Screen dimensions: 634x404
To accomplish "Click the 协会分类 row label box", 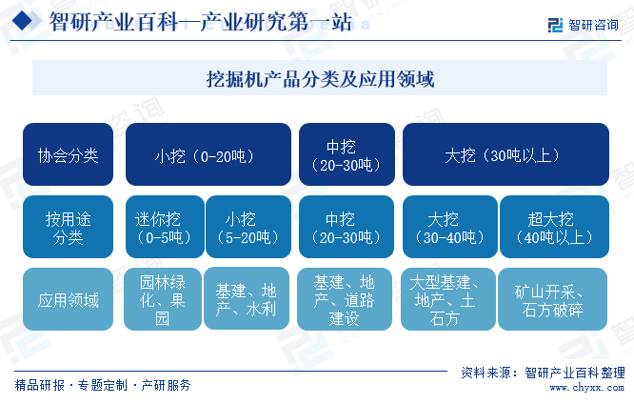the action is point(68,154).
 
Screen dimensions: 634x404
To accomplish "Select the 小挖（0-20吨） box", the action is point(208,154).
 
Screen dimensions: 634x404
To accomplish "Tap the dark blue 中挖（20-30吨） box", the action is point(347,154).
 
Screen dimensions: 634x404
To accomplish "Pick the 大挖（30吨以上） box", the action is point(505,154).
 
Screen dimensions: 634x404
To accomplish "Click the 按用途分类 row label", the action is point(68,227).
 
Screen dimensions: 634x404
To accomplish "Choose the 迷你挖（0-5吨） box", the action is point(165,227).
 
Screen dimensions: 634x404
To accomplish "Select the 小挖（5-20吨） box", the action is point(248,227).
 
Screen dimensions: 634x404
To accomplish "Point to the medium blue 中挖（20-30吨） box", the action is point(347,227).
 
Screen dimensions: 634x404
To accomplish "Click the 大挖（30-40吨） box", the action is point(450,227).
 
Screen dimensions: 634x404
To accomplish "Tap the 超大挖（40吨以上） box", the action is point(554,227).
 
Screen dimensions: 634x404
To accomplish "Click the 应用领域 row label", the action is point(68,299).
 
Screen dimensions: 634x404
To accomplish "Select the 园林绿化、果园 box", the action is point(163,299).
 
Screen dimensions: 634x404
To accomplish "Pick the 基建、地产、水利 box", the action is point(247,298).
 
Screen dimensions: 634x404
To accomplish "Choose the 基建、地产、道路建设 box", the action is point(345,299).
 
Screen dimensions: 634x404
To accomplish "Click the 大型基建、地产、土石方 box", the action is point(448,299).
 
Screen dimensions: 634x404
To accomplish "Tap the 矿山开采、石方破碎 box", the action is point(552,299).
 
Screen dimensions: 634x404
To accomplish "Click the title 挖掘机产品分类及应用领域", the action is point(320,78).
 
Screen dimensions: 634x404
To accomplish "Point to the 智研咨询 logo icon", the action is point(555,25).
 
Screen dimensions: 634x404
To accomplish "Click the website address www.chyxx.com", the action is point(586,388).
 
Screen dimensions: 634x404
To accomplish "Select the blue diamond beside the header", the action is point(22,21).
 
